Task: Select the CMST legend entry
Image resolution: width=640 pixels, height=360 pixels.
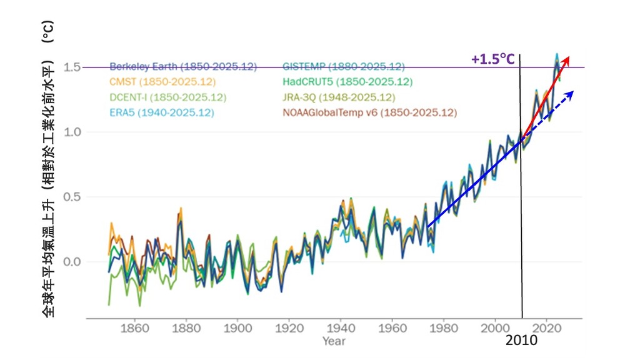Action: click(162, 82)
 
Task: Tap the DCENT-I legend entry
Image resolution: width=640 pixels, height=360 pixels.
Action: click(167, 97)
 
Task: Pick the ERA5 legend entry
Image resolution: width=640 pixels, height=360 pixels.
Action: click(162, 113)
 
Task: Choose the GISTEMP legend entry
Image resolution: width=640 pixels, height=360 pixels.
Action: click(343, 66)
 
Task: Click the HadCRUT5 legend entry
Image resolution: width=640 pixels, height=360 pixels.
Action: click(347, 82)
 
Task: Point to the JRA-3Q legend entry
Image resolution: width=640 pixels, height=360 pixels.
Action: click(339, 97)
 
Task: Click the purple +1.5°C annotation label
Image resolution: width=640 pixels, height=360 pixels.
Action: click(493, 59)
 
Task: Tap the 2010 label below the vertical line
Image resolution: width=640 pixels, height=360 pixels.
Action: click(521, 341)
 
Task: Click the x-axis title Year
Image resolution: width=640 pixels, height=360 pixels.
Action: click(334, 341)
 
